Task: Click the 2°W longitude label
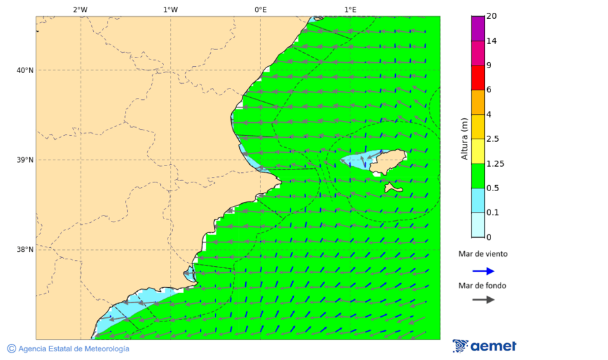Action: click(80, 9)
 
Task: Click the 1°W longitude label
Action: click(170, 9)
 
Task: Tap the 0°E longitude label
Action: click(260, 9)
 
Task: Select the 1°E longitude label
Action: click(350, 9)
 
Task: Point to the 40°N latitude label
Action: click(25, 70)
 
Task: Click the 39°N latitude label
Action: click(25, 160)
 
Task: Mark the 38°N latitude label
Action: click(25, 250)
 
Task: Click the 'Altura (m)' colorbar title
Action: click(464, 138)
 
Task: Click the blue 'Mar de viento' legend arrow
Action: click(483, 271)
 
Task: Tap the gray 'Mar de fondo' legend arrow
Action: click(483, 300)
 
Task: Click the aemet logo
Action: click(484, 346)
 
